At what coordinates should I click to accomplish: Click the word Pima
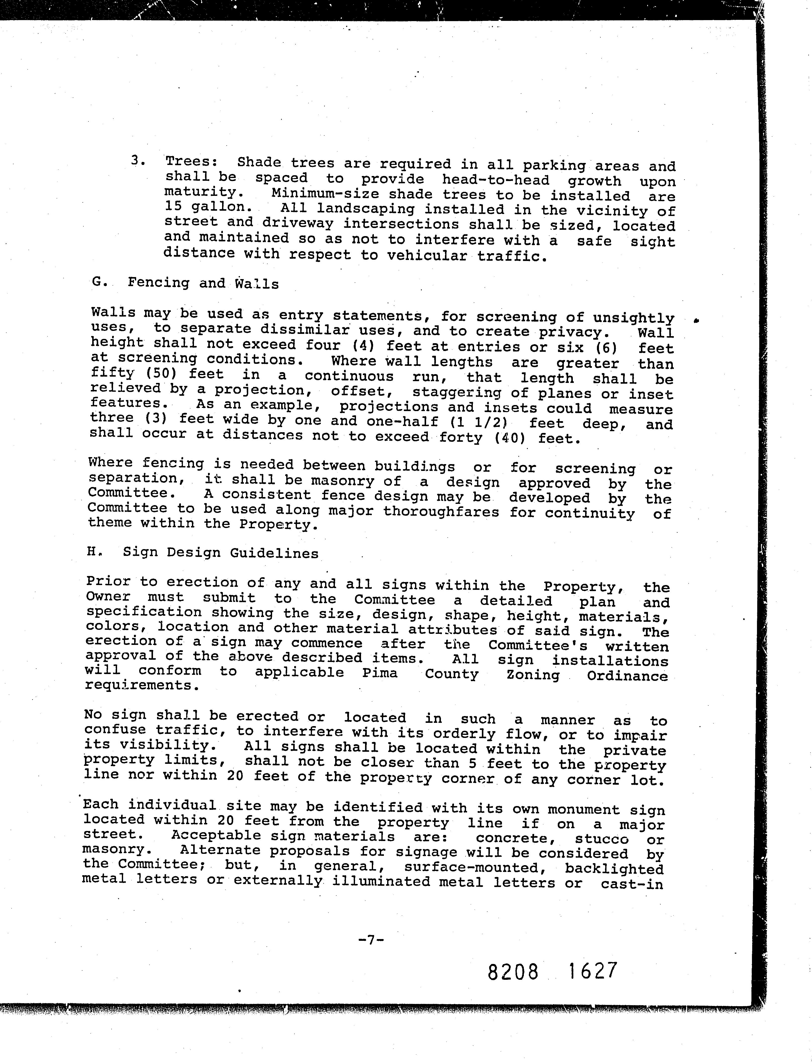(380, 673)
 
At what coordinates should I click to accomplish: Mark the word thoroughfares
(441, 512)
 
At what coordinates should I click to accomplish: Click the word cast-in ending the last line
(632, 883)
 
